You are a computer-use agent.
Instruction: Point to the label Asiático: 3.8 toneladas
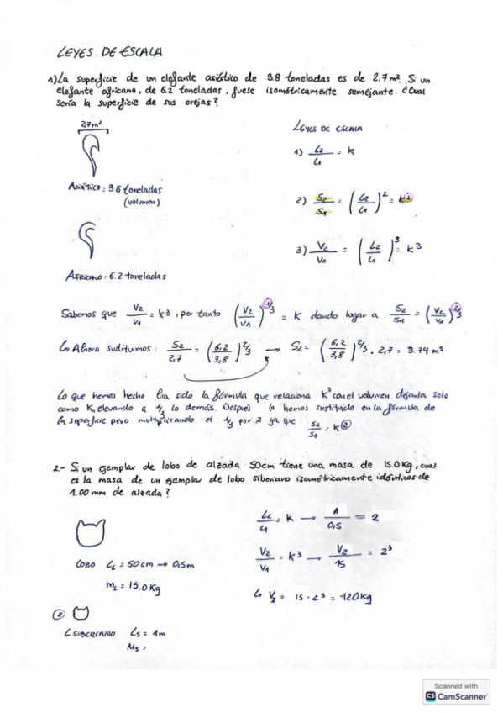click(113, 188)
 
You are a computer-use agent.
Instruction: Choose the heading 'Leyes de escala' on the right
click(326, 129)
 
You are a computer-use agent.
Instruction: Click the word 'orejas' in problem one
click(198, 101)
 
